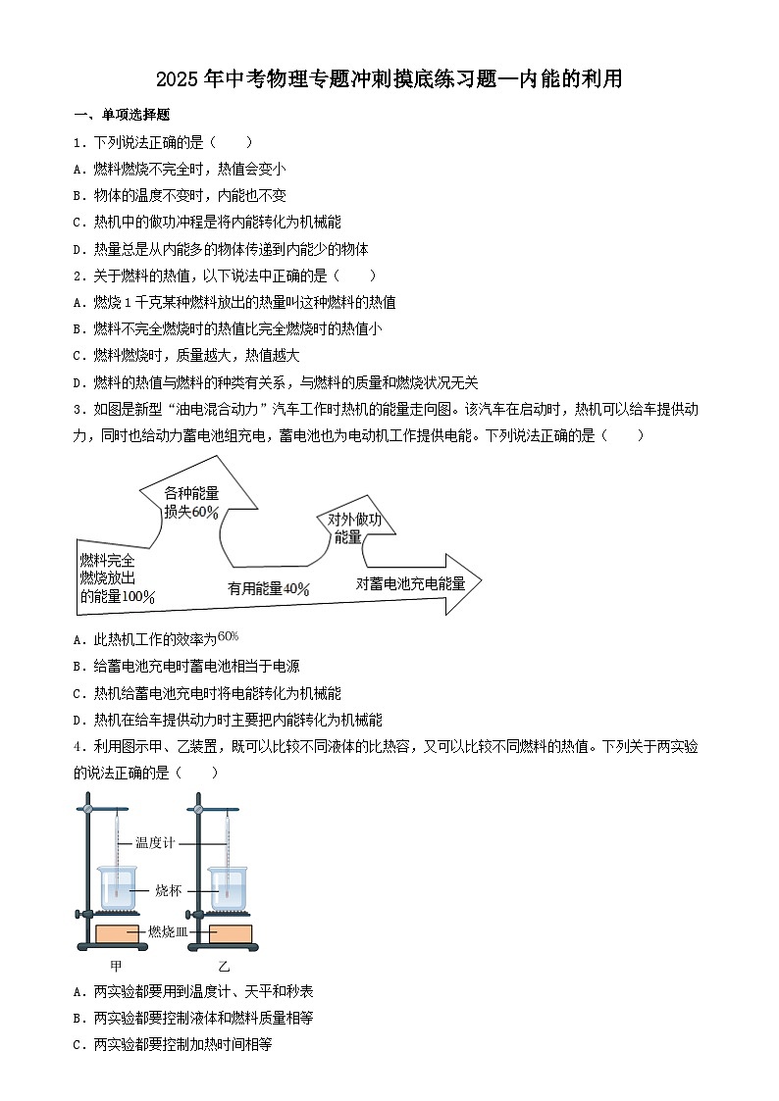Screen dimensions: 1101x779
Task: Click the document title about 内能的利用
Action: pyautogui.click(x=389, y=79)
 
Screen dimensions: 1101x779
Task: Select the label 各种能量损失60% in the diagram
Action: pyautogui.click(x=191, y=502)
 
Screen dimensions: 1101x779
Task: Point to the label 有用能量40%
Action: pyautogui.click(x=269, y=588)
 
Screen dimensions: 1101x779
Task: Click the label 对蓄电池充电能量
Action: pyautogui.click(x=410, y=582)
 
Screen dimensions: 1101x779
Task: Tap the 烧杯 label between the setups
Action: pyautogui.click(x=169, y=890)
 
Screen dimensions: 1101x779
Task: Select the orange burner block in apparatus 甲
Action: pyautogui.click(x=118, y=933)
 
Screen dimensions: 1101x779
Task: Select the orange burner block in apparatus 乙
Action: pyautogui.click(x=230, y=933)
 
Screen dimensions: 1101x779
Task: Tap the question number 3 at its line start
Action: pyautogui.click(x=78, y=409)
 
